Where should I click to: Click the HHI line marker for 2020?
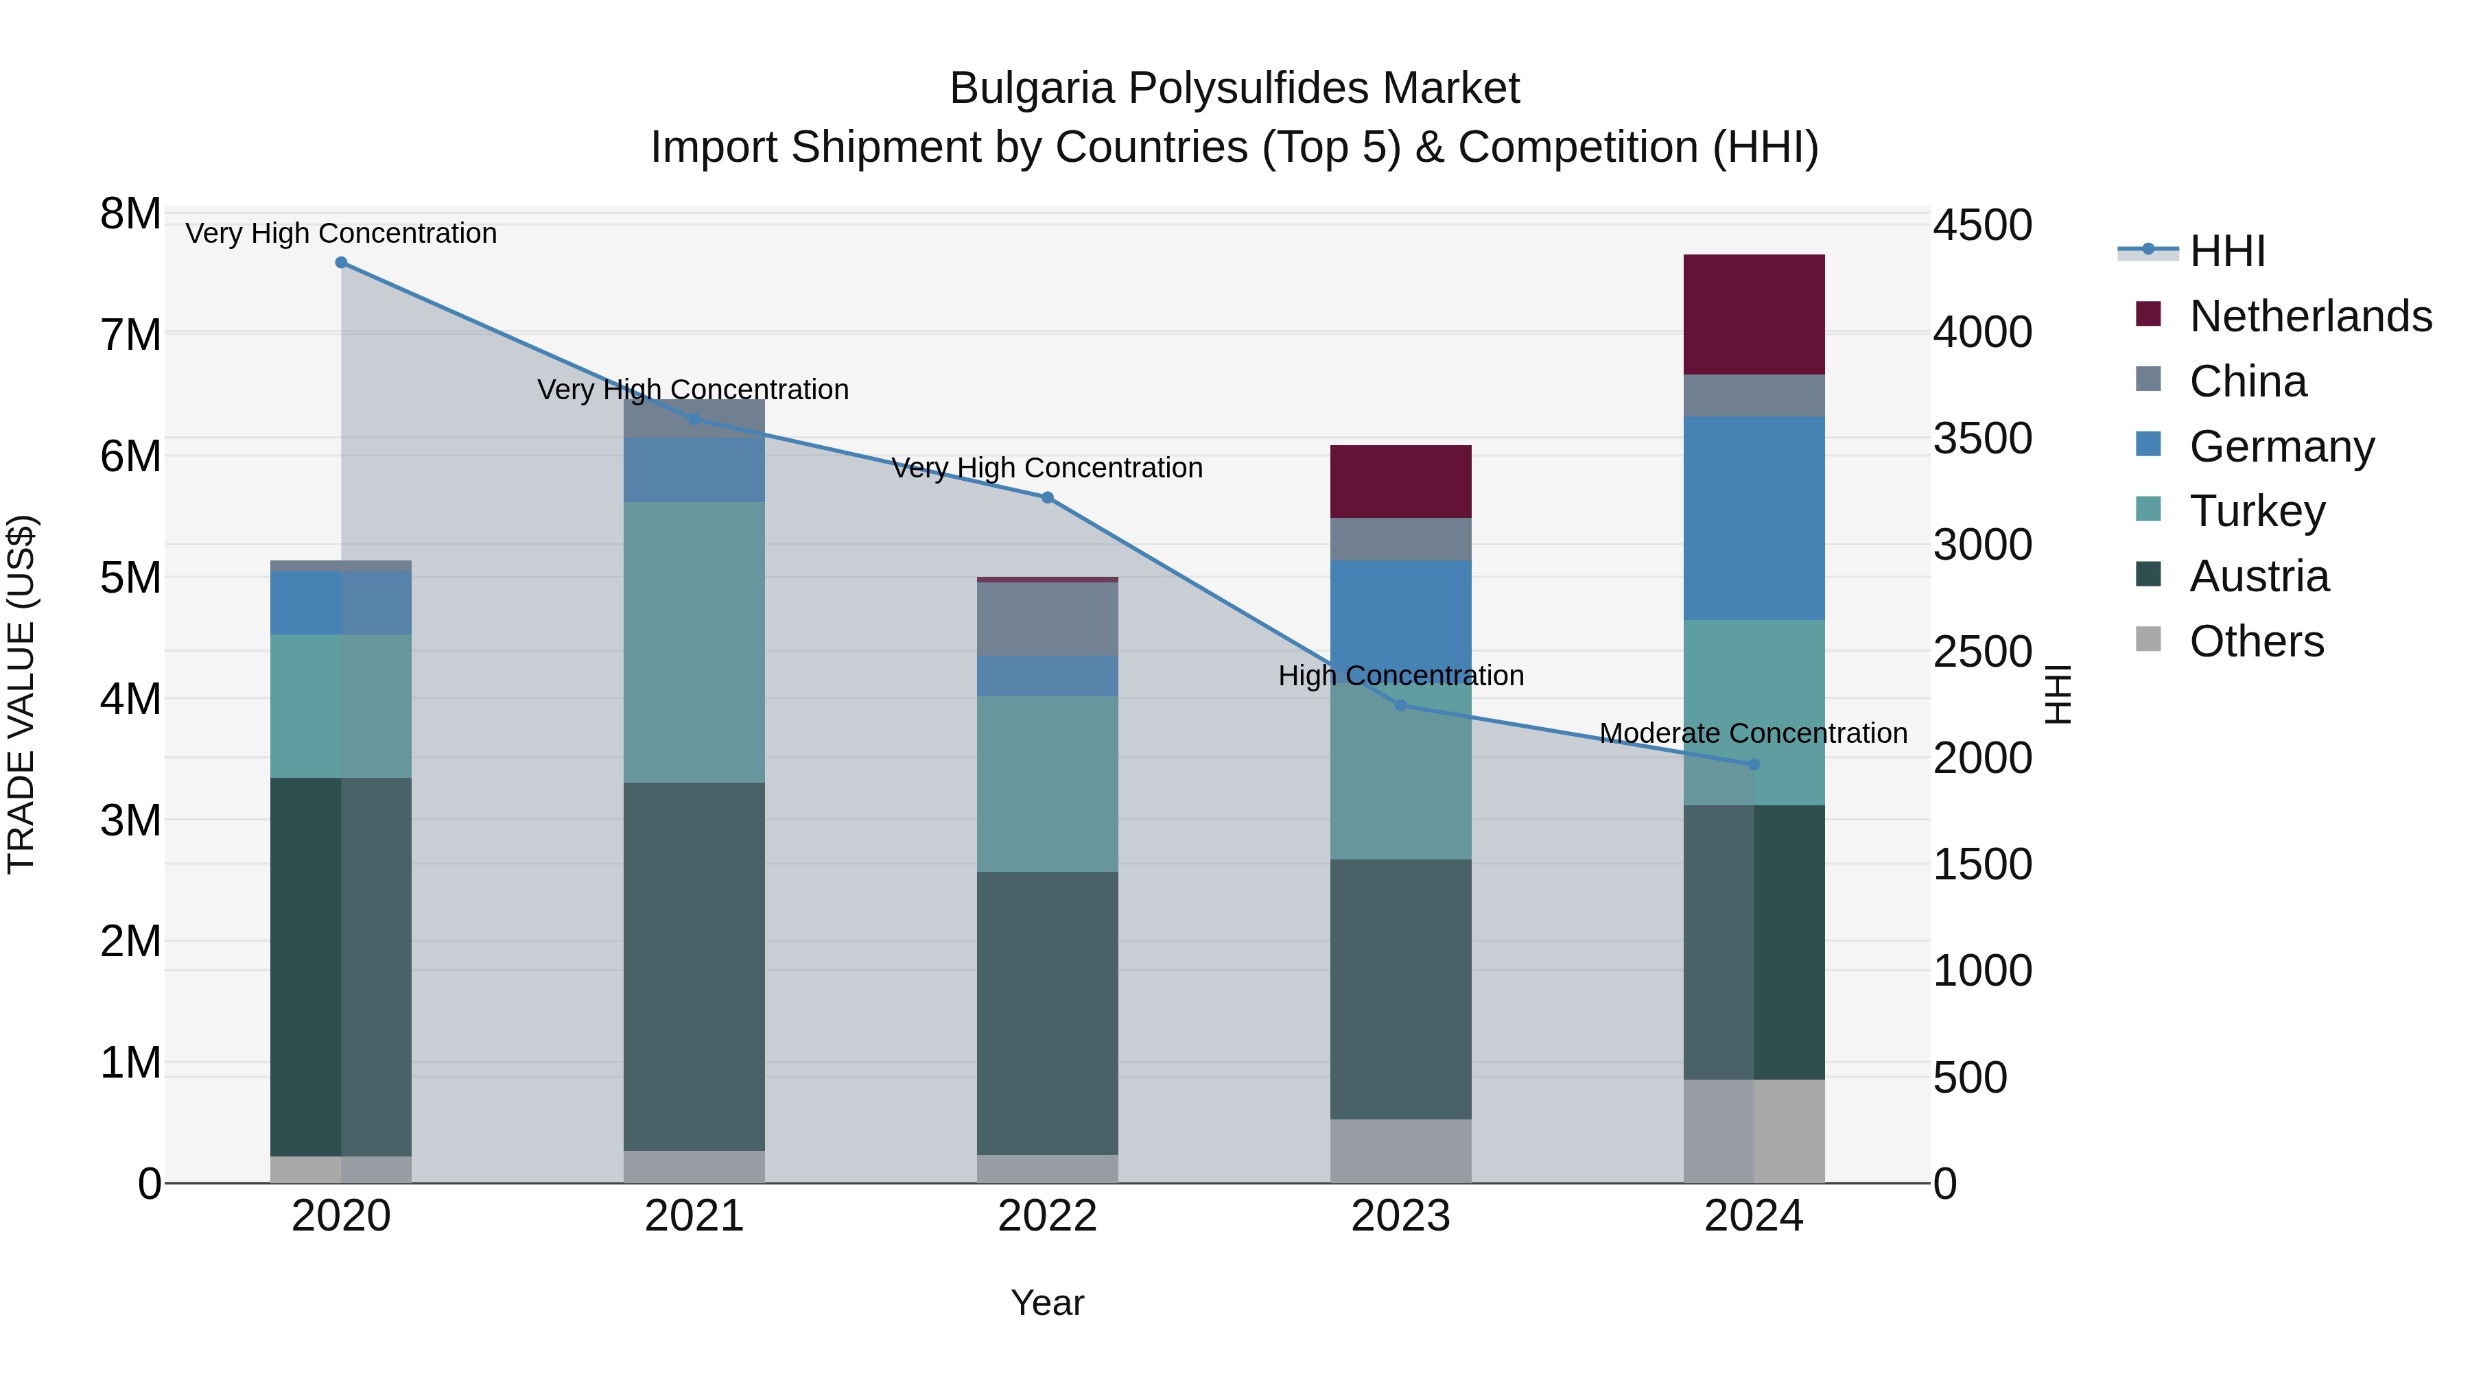(x=342, y=263)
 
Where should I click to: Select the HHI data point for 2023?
(x=1400, y=706)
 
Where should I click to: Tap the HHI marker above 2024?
(x=1754, y=765)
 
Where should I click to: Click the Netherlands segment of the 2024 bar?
(x=1754, y=314)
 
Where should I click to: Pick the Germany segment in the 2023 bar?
(x=1400, y=613)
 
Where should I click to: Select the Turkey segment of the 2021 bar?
(x=694, y=642)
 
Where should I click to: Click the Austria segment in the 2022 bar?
(x=1047, y=1012)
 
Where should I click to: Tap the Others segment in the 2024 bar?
(x=1754, y=1131)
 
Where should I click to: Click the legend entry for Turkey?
(x=2257, y=511)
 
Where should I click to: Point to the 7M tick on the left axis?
(x=131, y=335)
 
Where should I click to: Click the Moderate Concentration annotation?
(x=1753, y=733)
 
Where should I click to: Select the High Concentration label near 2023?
(x=1400, y=676)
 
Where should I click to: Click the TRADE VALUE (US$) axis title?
(x=21, y=694)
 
